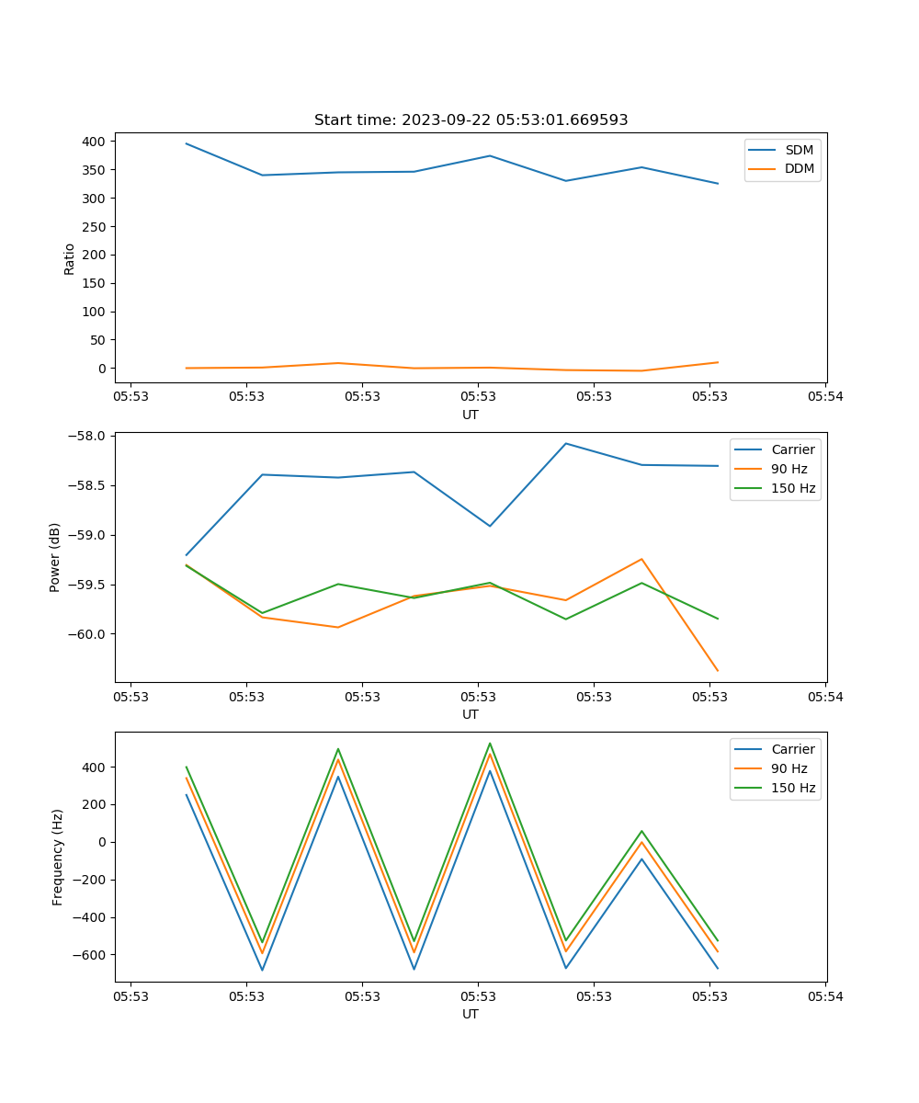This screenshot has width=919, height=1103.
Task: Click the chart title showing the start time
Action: pos(471,120)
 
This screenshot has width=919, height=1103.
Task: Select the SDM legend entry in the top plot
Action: pos(799,150)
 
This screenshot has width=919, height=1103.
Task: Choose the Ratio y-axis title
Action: pos(70,258)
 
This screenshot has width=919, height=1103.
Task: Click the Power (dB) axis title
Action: pos(56,557)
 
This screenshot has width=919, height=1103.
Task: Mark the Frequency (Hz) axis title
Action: pos(58,857)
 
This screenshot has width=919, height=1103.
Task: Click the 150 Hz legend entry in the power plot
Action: pos(792,488)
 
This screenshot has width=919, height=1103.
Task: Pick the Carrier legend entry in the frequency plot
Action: pos(792,749)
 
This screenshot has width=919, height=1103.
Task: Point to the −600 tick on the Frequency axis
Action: pos(90,955)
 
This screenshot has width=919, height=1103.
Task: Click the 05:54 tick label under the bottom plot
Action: pos(824,996)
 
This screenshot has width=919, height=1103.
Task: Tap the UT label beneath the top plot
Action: pos(471,415)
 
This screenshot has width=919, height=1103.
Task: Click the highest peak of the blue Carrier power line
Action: pos(566,443)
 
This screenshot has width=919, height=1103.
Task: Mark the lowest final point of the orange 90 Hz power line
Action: pos(718,671)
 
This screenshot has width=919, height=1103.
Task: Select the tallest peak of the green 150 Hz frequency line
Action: pos(490,743)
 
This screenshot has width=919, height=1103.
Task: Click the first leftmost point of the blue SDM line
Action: pos(187,143)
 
